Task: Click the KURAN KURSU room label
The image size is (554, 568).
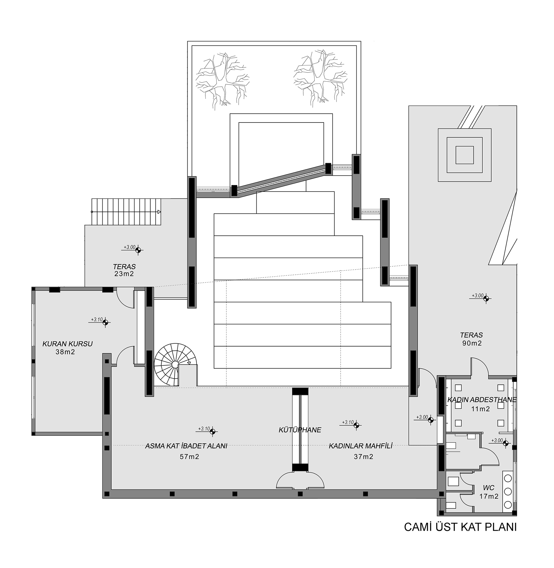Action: [68, 344]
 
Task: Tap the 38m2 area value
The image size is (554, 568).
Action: [65, 352]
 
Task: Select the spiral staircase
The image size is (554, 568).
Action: [176, 365]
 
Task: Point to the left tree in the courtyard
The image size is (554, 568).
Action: [223, 79]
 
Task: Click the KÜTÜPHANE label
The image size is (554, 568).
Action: [300, 430]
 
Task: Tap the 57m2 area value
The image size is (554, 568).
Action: [189, 457]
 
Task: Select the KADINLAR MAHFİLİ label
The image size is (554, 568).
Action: [361, 446]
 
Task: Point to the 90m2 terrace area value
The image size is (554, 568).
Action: [472, 343]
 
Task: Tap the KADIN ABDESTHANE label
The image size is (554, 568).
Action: [482, 400]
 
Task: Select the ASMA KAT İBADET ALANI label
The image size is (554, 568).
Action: [186, 446]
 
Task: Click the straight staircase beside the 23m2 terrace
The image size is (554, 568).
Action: [126, 212]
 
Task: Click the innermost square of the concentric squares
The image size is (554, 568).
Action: [465, 155]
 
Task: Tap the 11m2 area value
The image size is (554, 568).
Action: [481, 409]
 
